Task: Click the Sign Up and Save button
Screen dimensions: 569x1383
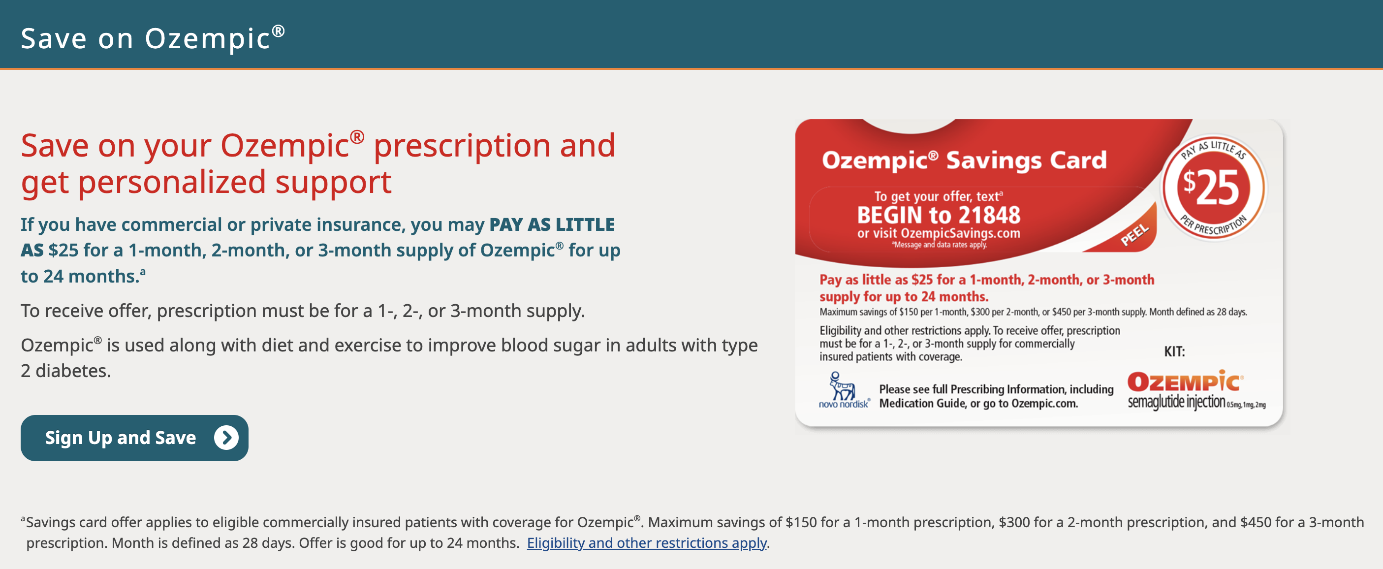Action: tap(134, 438)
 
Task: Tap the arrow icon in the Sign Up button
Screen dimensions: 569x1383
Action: tap(226, 438)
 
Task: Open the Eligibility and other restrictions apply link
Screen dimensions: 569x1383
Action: tap(646, 543)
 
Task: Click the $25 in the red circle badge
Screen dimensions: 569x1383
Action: tap(1212, 188)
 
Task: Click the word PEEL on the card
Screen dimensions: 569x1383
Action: tap(1134, 235)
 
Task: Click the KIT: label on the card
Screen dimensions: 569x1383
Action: tap(1174, 351)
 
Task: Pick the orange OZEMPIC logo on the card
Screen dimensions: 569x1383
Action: tap(1185, 381)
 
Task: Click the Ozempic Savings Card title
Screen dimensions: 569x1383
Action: tap(964, 160)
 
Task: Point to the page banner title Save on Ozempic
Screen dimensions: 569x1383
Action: tap(153, 39)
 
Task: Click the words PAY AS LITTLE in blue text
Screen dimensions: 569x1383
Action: tap(551, 224)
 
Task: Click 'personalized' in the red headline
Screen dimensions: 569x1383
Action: tap(172, 182)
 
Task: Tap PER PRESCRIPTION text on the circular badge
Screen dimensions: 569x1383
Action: tap(1213, 226)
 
